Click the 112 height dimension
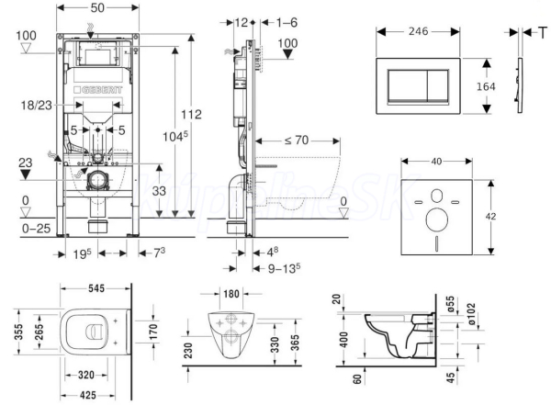click(x=191, y=115)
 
